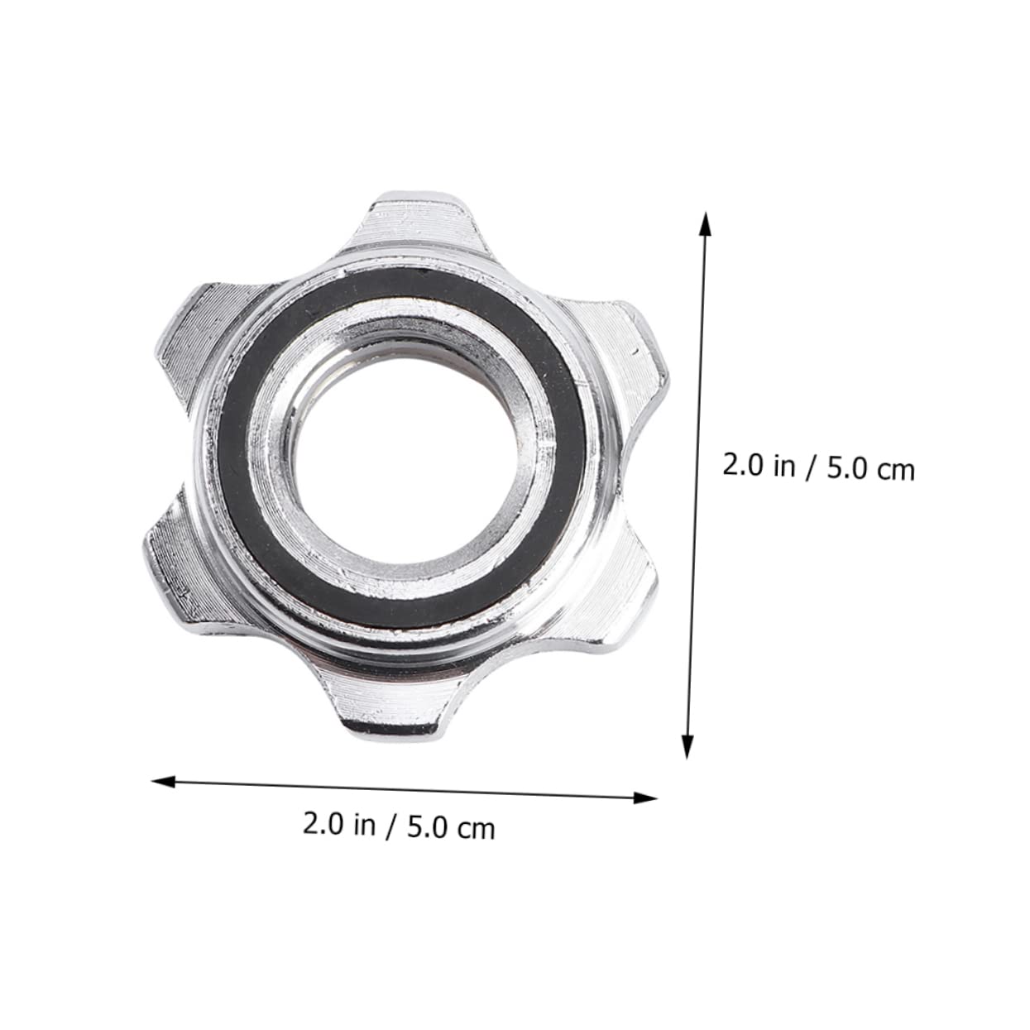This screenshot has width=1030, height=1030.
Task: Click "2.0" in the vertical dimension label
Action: point(744,465)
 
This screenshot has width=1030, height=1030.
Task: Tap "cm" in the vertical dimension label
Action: point(894,471)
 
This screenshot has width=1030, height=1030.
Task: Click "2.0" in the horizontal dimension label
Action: point(323,824)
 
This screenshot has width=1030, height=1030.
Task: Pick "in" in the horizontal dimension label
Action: point(365,825)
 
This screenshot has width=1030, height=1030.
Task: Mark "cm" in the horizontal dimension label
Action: point(477,829)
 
